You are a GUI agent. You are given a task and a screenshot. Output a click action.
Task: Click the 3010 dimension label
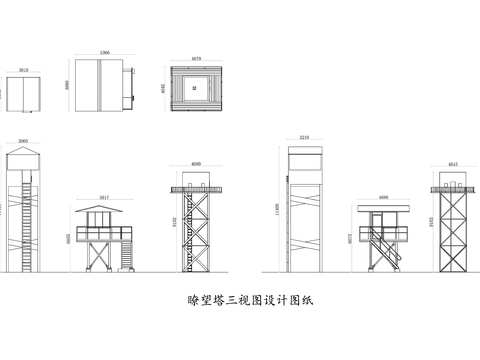(23, 71)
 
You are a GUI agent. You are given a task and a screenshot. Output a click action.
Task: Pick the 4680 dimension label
(196, 165)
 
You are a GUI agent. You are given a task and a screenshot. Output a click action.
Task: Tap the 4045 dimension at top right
(452, 164)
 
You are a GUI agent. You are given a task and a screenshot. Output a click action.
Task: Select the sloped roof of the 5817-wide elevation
(103, 208)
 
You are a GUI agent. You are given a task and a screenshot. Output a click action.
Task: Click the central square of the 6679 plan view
(196, 87)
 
